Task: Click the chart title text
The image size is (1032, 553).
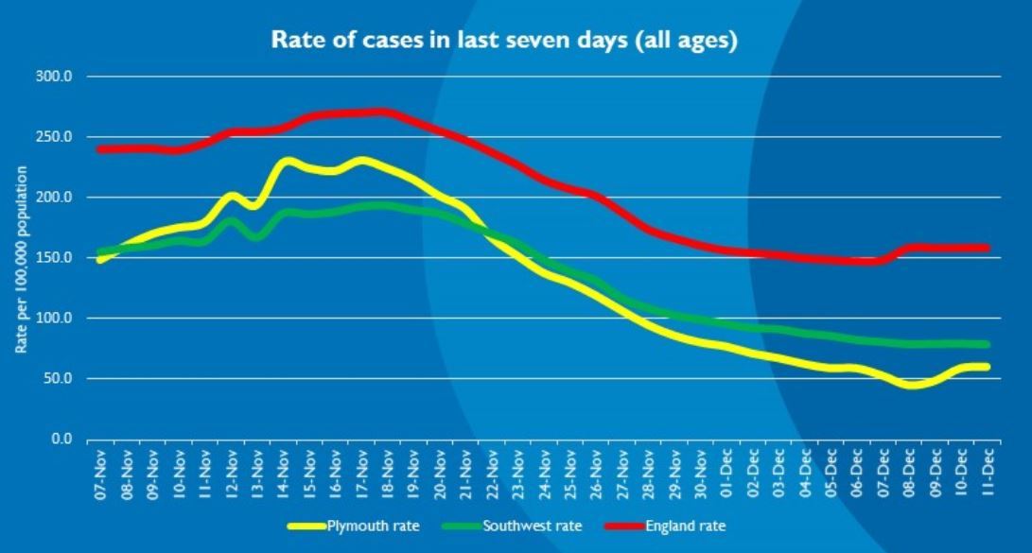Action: [503, 41]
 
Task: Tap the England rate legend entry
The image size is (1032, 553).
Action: [685, 526]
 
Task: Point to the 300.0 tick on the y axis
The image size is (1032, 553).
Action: [55, 76]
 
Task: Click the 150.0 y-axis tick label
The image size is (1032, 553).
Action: [55, 258]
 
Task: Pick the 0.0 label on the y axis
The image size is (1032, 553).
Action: [61, 440]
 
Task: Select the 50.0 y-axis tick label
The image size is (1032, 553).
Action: [58, 379]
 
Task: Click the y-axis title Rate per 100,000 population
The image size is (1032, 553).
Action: [21, 260]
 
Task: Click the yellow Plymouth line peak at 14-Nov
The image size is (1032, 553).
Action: [286, 162]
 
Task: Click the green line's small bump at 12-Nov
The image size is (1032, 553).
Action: [231, 222]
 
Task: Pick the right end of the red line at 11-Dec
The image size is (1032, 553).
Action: [987, 249]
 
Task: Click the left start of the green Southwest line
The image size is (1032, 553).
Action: [100, 252]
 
